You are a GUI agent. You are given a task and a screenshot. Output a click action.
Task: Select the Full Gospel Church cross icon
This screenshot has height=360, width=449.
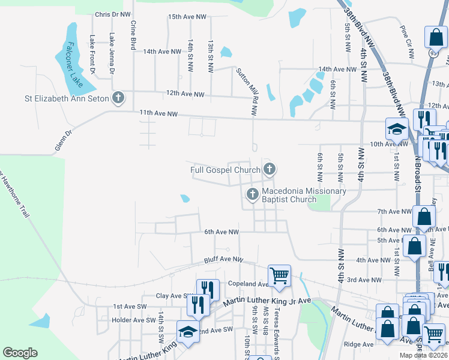tap(270, 170)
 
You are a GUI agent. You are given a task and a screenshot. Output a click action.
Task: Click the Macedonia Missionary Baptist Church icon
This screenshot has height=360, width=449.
tap(252, 194)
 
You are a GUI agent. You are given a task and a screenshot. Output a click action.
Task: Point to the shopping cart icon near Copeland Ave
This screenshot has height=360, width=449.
tap(279, 275)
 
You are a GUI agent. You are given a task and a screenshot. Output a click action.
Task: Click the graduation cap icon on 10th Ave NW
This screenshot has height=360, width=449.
tap(397, 129)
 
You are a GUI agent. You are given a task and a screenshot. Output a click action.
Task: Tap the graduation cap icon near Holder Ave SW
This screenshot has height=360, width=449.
tap(188, 331)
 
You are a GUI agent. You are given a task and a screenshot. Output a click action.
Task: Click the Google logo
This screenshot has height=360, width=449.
tap(20, 353)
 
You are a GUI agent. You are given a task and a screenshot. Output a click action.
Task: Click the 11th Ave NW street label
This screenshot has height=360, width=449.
tap(158, 113)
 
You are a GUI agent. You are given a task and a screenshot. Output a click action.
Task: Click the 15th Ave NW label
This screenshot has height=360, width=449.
tap(184, 17)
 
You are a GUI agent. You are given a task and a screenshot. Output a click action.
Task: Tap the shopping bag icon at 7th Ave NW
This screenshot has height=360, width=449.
tap(424, 217)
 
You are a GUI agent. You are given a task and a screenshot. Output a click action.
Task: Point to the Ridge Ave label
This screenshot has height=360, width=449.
tap(359, 344)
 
